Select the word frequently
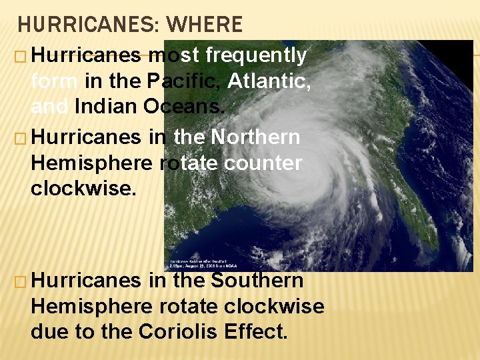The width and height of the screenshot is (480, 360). click(257, 55)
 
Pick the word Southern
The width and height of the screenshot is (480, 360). click(257, 281)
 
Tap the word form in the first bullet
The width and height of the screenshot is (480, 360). click(55, 81)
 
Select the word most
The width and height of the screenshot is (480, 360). click(173, 55)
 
